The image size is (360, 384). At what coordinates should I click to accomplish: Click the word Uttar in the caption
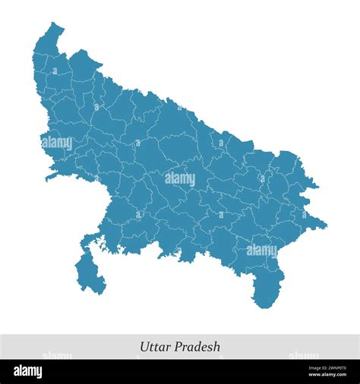tap(155, 347)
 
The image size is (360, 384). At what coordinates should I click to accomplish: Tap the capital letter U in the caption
tap(144, 347)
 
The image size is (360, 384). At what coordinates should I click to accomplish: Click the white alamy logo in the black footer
tap(29, 372)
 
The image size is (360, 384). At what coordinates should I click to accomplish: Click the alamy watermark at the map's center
tap(180, 178)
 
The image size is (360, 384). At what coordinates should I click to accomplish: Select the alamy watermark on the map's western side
tap(57, 142)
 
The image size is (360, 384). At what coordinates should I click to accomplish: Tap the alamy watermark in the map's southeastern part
tap(261, 250)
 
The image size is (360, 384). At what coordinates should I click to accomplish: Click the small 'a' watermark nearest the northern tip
tap(55, 71)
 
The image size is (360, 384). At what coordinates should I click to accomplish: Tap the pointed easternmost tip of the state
tap(325, 225)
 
